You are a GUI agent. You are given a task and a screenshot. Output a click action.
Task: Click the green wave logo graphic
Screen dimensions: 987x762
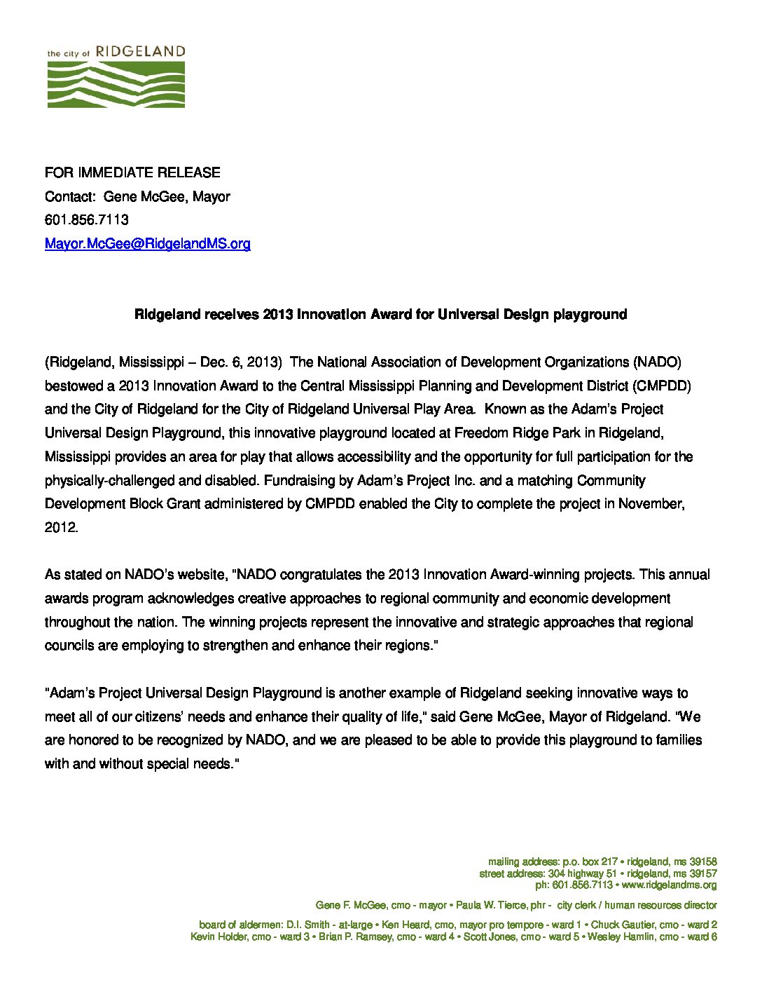[x=116, y=84]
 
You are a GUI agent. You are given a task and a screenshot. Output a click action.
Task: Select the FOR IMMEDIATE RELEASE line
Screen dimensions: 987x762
[x=132, y=172]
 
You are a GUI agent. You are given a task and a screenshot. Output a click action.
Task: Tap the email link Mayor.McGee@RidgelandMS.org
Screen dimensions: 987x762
[x=147, y=243]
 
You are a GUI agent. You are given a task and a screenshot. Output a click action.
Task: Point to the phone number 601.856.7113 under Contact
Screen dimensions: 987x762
[x=87, y=219]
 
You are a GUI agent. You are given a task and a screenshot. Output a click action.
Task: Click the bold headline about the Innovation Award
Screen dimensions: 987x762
[x=380, y=314]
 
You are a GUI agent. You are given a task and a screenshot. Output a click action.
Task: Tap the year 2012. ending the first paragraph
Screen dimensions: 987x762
[x=61, y=527]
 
